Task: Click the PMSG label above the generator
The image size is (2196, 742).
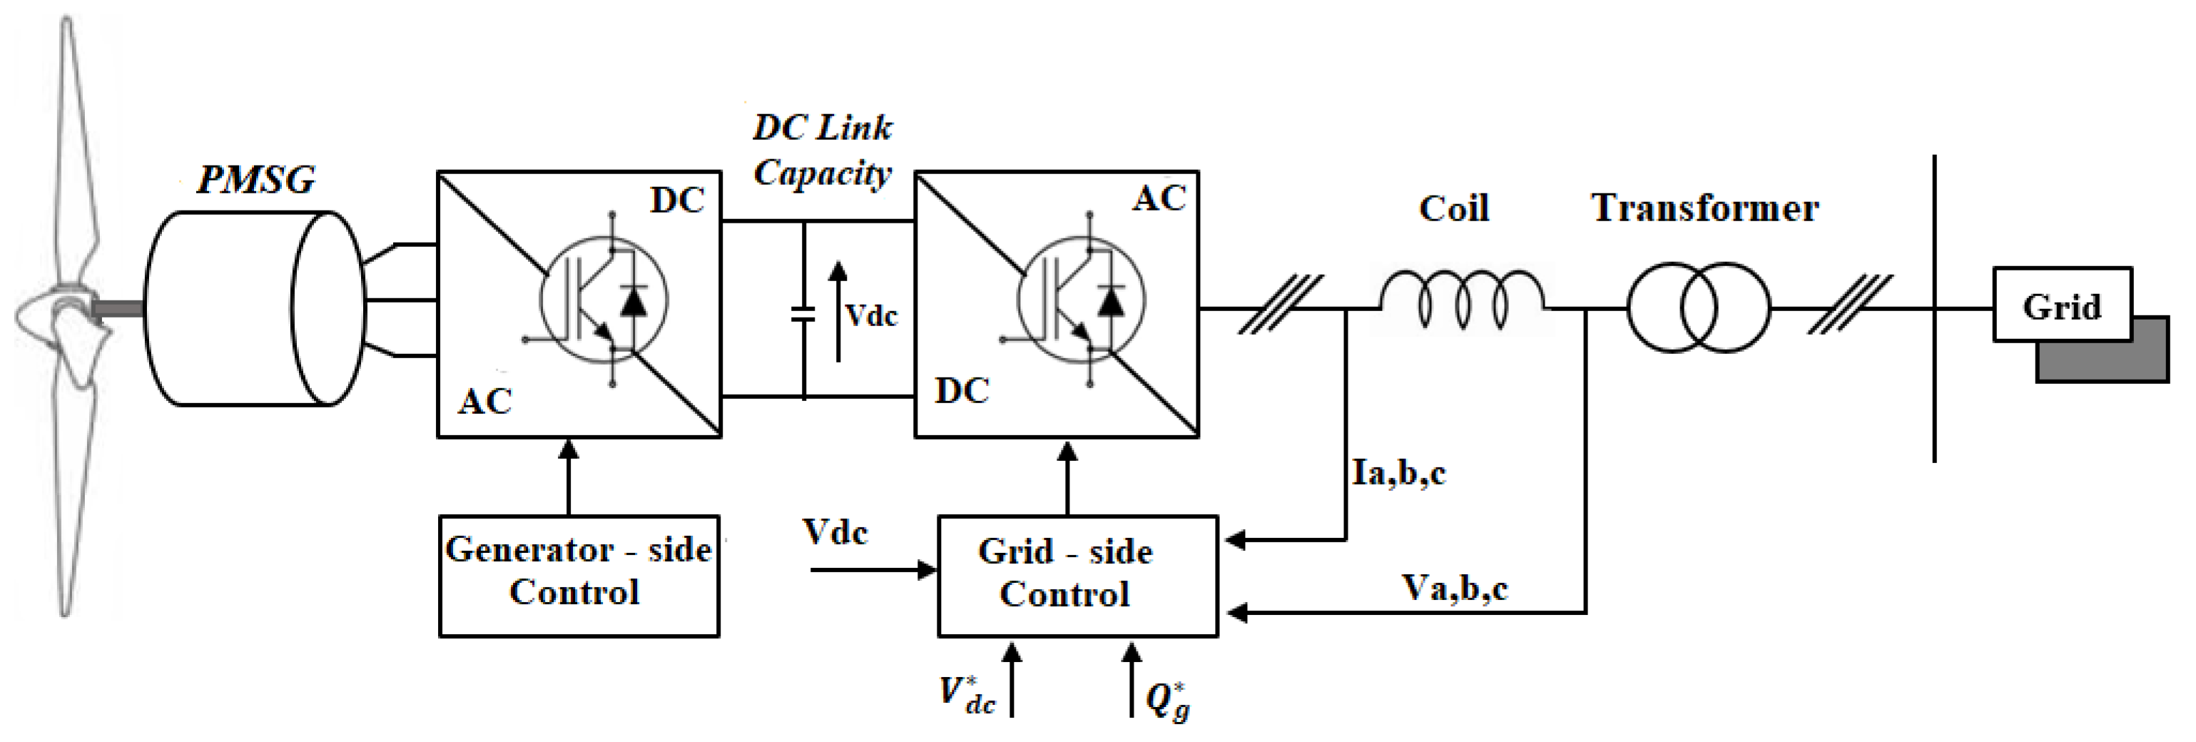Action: click(255, 180)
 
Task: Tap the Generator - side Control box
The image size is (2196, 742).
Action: click(579, 575)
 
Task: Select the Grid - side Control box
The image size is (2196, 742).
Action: click(1077, 575)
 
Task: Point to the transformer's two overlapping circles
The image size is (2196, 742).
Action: click(1699, 307)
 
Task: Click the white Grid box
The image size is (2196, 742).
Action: click(2062, 305)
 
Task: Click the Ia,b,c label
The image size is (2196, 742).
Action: click(1398, 472)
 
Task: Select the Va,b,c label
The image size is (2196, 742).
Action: click(1454, 588)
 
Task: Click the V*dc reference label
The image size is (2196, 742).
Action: click(967, 695)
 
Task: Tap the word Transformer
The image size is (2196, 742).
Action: click(1705, 208)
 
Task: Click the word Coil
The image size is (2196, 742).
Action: click(1453, 208)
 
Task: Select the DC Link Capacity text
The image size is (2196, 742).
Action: click(822, 150)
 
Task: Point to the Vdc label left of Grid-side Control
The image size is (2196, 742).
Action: click(835, 533)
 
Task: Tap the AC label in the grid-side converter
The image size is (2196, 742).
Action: click(1159, 199)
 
